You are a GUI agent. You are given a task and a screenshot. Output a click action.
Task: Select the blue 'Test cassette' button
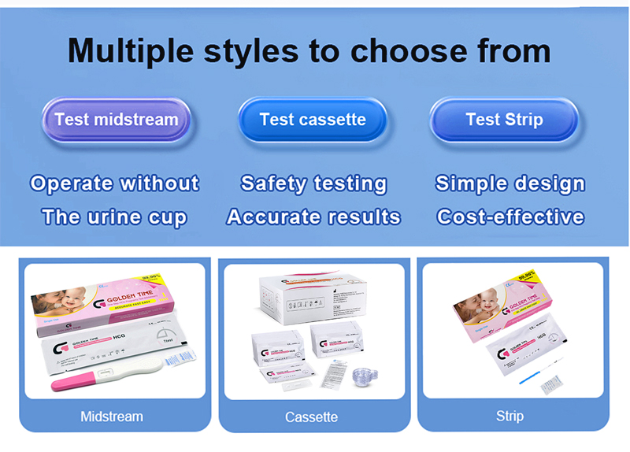coord(313,120)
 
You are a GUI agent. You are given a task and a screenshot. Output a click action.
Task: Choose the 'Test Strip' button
coord(504,120)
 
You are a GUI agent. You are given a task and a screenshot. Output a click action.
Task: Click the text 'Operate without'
coord(115,183)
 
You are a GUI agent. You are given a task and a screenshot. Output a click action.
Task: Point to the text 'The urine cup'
coord(115,217)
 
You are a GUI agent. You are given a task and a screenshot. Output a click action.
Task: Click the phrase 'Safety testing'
coord(313,183)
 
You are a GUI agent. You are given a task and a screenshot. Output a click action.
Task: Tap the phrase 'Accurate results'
coord(313,217)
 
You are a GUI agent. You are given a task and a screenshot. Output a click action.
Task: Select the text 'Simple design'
coord(510,183)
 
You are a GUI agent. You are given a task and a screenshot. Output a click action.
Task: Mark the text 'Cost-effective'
coord(510,217)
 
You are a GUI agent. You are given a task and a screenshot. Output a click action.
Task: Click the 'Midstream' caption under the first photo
coord(112,416)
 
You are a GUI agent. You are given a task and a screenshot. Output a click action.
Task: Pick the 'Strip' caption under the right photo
coord(510,415)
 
